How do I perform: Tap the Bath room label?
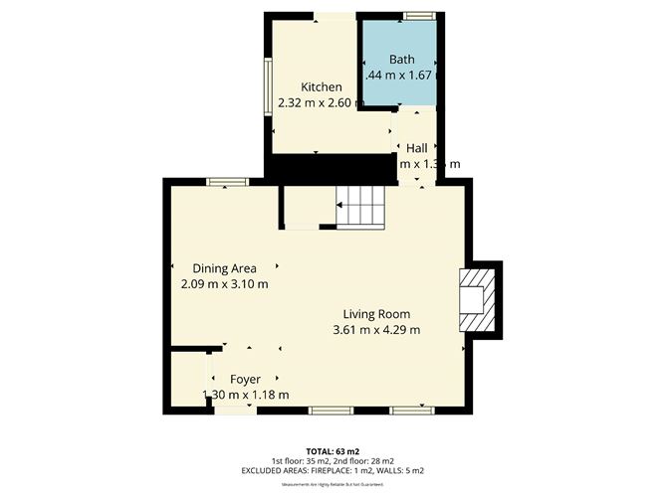401,60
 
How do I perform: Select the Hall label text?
416,148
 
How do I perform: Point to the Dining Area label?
225,268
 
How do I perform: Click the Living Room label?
376,314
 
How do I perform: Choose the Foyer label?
245,380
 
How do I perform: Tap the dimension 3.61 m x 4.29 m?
376,330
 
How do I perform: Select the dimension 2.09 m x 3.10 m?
225,283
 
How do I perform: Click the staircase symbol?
360,207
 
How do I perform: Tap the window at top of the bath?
419,15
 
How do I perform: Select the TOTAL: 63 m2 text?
332,450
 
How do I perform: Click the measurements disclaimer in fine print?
332,484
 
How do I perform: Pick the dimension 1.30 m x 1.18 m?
245,395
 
